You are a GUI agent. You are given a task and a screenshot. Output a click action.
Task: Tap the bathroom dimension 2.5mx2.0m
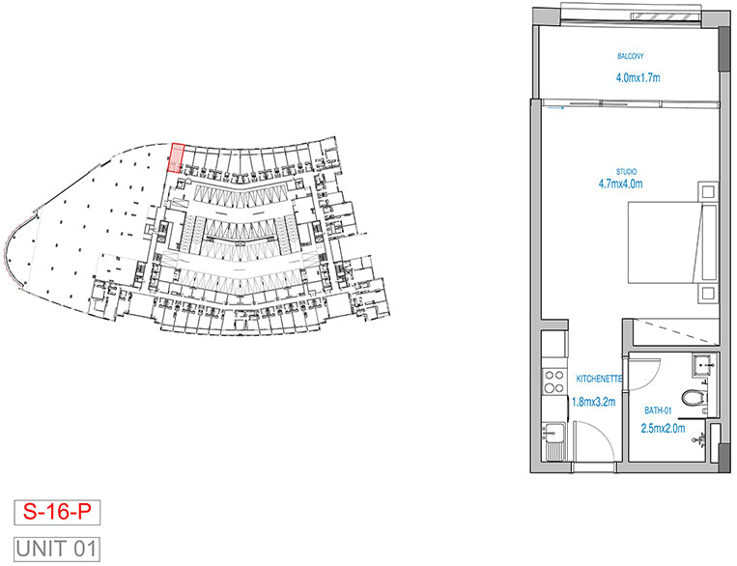663,426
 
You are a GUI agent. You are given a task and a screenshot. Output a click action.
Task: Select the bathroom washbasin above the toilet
702,364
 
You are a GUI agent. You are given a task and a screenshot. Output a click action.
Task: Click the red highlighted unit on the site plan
177,158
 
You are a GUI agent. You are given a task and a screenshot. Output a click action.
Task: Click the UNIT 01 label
57,550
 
